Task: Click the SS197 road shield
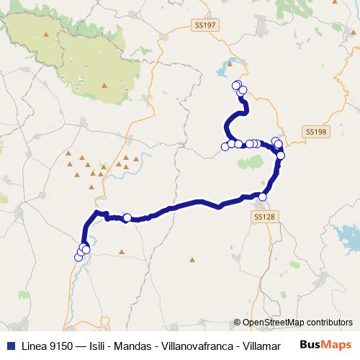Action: coord(205,25)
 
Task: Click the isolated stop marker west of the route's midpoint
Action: coord(127,218)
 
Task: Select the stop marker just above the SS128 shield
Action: coord(263,197)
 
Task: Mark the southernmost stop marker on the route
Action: coord(78,257)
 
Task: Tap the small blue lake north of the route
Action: coord(224,69)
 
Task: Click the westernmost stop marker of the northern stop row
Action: coord(225,147)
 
